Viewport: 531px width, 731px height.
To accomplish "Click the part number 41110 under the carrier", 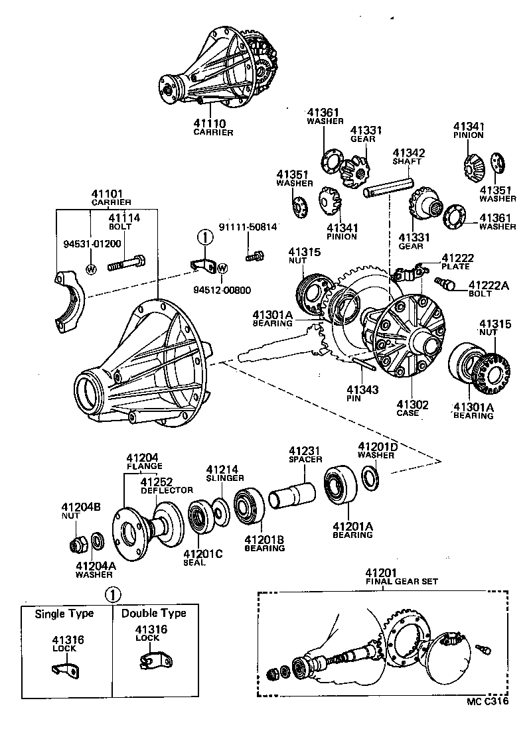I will click(209, 123).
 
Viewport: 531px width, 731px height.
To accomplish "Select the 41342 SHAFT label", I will click(408, 157).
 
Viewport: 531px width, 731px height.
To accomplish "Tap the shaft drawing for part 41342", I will click(388, 187).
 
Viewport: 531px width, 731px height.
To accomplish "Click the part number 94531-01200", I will click(92, 243).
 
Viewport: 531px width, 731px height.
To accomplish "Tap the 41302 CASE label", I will click(412, 408).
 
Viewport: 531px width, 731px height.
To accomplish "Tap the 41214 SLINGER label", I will click(224, 473).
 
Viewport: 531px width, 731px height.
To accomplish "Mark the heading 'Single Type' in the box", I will click(64, 614).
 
